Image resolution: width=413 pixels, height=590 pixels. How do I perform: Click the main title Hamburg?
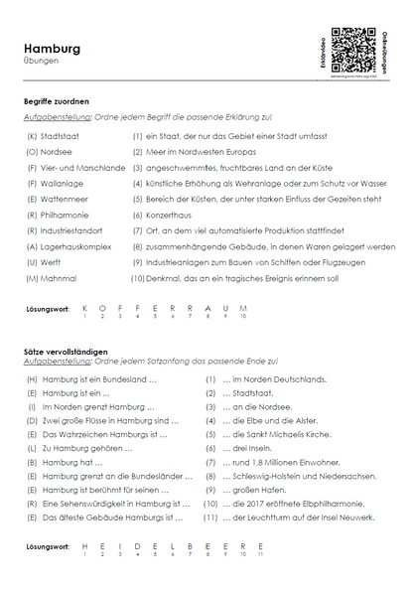click(52, 48)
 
